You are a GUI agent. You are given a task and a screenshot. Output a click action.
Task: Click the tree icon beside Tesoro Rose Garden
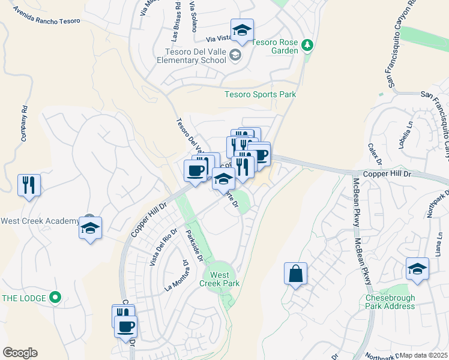pyautogui.click(x=307, y=46)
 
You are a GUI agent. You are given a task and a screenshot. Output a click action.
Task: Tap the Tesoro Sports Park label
pyautogui.click(x=260, y=94)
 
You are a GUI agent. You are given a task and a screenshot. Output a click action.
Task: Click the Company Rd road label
pyautogui.click(x=25, y=122)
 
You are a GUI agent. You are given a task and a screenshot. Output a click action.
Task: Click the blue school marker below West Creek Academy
pyautogui.click(x=90, y=229)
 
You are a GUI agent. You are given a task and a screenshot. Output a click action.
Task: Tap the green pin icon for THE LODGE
pyautogui.click(x=55, y=297)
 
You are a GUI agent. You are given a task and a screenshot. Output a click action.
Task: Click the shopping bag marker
pyautogui.click(x=295, y=274)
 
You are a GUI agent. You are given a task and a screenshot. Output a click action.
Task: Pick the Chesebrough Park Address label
pyautogui.click(x=390, y=302)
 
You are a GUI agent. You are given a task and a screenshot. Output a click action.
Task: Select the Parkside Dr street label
pyautogui.click(x=194, y=245)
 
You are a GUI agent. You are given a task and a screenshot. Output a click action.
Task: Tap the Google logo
pyautogui.click(x=20, y=353)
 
